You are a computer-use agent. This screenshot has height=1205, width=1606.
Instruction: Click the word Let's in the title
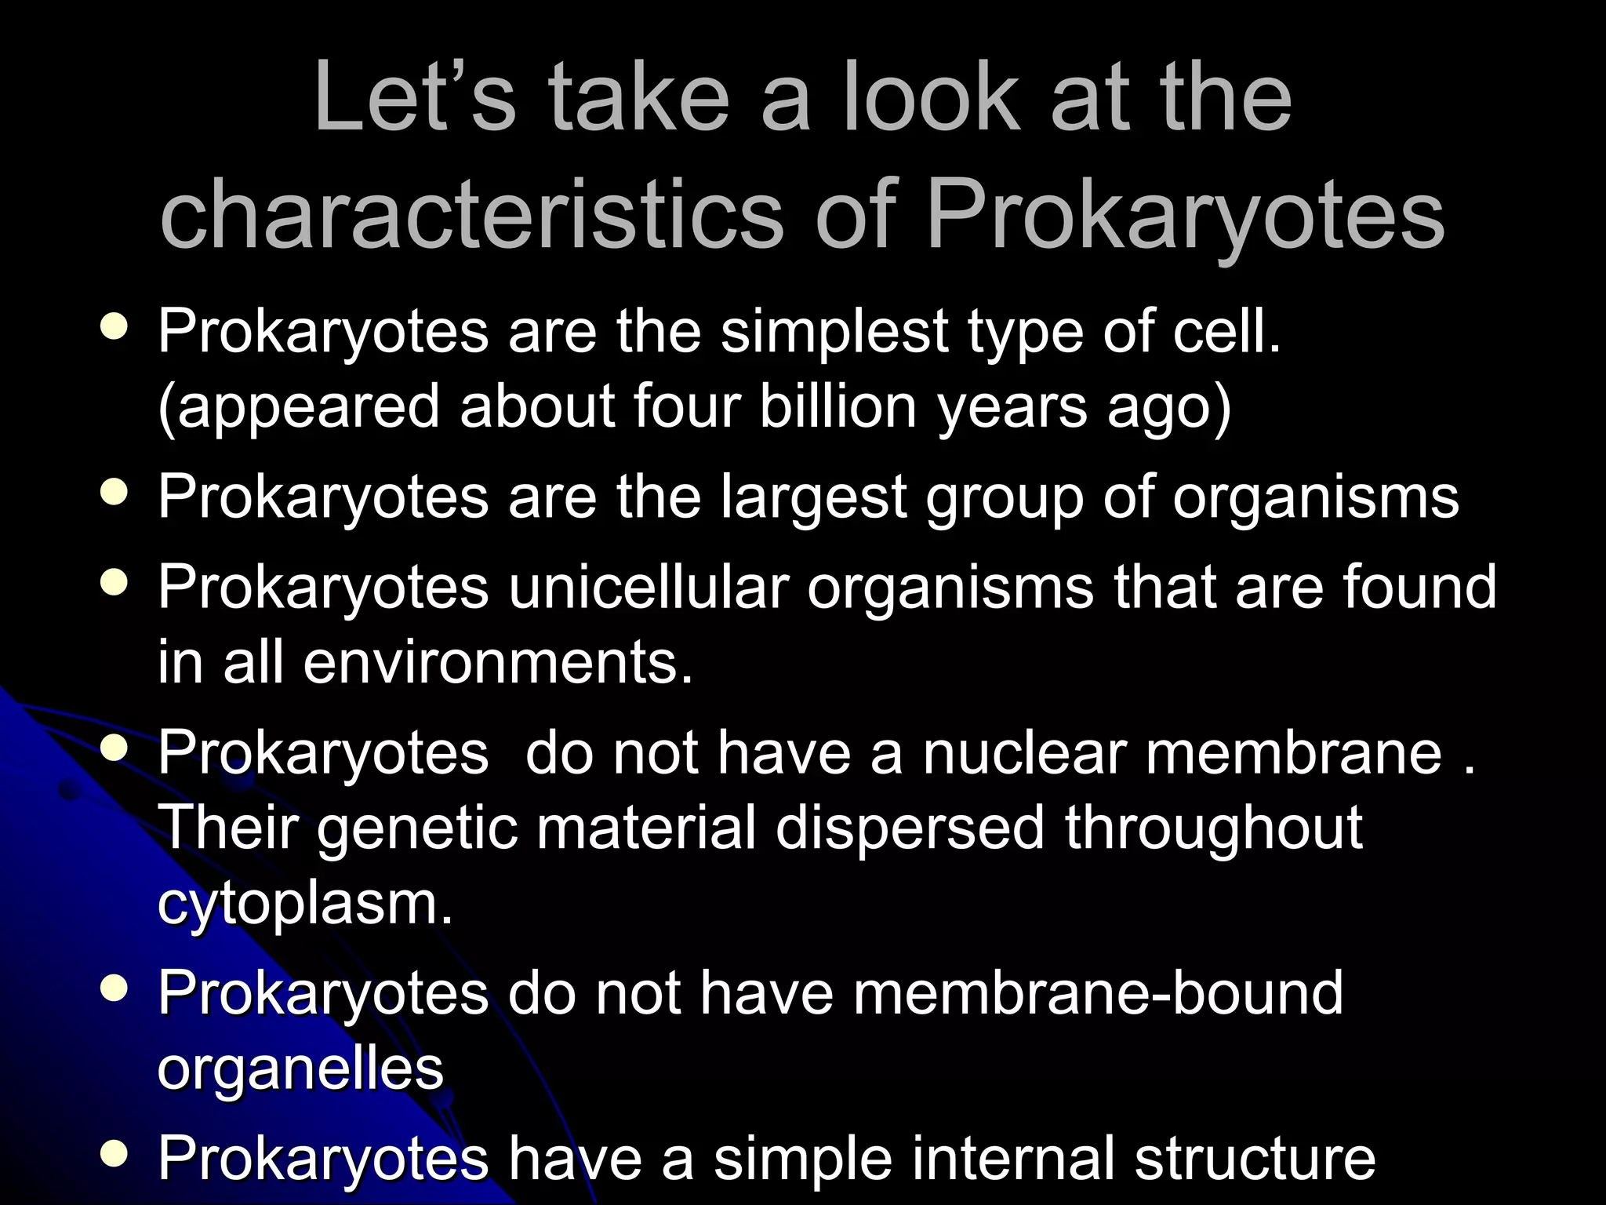415,98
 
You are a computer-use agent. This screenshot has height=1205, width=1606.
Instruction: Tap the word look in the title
932,98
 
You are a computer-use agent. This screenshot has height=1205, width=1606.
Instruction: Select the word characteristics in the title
471,213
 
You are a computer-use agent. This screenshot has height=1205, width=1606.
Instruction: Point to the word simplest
834,332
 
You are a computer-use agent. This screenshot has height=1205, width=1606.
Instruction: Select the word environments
498,661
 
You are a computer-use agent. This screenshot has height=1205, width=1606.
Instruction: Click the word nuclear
1024,752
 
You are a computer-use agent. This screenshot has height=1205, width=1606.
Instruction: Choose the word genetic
417,828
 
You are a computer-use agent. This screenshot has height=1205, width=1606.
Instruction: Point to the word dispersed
910,828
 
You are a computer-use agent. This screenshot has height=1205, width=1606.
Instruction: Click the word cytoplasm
305,904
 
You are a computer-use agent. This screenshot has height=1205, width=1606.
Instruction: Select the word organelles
300,1068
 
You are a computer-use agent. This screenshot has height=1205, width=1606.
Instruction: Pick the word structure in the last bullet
1255,1158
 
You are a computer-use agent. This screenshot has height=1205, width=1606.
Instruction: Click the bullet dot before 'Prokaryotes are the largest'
114,493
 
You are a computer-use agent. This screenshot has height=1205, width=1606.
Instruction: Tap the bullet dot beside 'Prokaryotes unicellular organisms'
114,583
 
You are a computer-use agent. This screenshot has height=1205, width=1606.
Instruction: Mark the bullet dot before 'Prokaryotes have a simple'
114,1153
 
